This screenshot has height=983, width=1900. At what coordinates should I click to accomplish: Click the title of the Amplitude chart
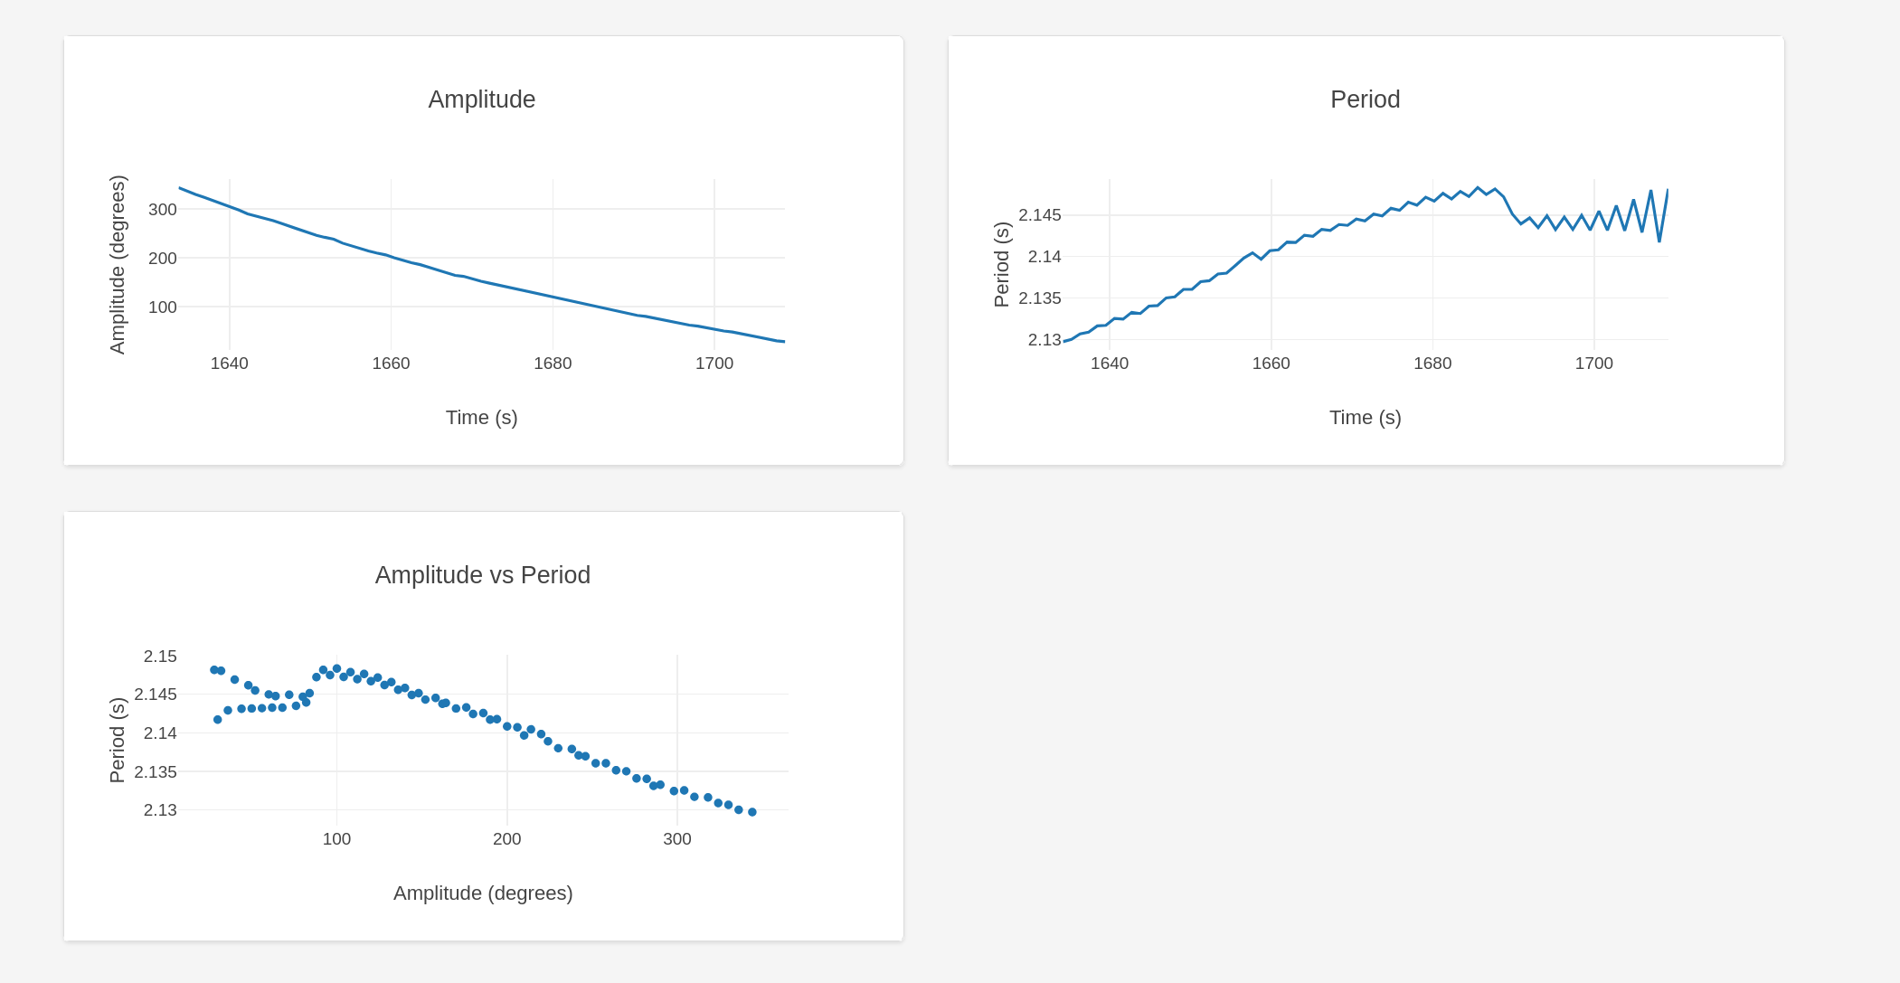coord(481,99)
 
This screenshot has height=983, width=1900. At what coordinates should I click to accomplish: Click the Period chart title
coord(1365,99)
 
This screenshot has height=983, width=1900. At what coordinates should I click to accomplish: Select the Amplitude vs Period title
coord(482,575)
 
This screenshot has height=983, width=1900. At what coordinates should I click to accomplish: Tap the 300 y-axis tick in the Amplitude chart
coord(163,210)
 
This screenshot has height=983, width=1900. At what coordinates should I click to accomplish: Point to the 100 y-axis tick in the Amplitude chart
coord(163,307)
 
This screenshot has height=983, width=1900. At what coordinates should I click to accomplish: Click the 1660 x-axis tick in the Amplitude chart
coord(391,364)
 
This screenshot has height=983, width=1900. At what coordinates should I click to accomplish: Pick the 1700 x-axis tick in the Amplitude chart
coord(714,364)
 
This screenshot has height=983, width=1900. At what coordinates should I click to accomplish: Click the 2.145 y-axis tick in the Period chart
coord(1039,215)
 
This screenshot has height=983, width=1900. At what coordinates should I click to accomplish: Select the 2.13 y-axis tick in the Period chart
coord(1044,340)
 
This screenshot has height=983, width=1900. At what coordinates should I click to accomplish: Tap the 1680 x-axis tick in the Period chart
coord(1432,364)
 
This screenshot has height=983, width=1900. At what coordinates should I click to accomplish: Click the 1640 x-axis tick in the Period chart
coord(1109,364)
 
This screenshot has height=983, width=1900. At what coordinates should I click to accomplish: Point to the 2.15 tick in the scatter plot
coord(160,657)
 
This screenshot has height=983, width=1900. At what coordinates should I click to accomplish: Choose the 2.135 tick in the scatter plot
coord(156,772)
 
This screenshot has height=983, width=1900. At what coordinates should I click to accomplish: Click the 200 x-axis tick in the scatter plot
coord(506,839)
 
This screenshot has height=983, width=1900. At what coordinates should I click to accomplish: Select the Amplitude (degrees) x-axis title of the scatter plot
coord(483,893)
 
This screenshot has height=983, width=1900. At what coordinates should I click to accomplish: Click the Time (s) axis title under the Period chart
coord(1365,418)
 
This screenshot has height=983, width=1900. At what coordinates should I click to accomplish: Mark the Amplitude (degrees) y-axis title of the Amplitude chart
coord(118,264)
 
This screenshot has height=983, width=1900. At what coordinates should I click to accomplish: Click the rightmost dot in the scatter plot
coord(752,812)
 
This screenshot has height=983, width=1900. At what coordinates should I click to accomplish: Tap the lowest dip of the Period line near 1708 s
coord(1659,241)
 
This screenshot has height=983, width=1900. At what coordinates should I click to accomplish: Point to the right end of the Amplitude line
coord(784,342)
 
